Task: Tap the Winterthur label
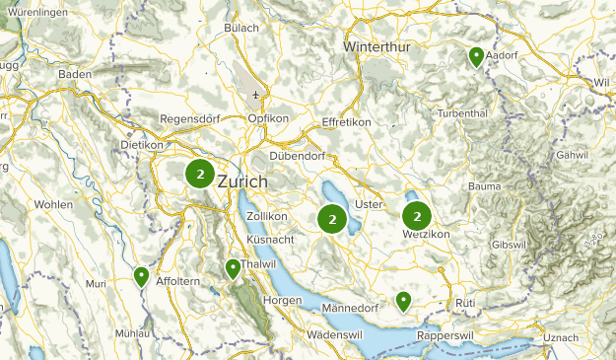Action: (379, 46)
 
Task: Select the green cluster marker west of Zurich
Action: (200, 175)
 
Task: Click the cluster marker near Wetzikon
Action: (418, 216)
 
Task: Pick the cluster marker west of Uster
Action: (333, 218)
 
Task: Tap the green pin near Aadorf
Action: (476, 57)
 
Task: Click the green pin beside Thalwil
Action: (233, 268)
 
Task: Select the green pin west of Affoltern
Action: (142, 276)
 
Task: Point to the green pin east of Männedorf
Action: (403, 300)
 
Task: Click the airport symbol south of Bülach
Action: (256, 96)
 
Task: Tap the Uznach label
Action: (562, 338)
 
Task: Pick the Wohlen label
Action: (53, 204)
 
